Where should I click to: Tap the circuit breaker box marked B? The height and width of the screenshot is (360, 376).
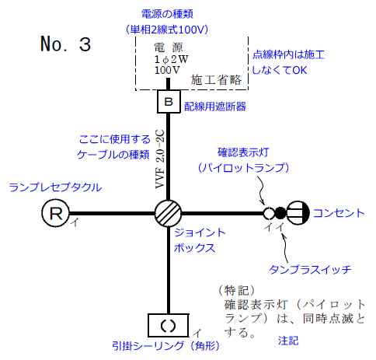(169, 101)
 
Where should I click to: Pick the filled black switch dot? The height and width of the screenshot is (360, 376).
(280, 213)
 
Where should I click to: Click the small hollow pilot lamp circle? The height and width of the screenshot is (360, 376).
(268, 213)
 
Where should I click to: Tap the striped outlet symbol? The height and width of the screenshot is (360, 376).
(298, 213)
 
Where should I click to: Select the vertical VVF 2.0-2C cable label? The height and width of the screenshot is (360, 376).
(159, 160)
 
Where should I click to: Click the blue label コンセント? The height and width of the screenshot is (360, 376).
(339, 212)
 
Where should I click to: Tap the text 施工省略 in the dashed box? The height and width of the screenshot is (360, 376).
(216, 80)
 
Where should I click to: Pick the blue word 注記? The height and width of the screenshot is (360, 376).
(287, 341)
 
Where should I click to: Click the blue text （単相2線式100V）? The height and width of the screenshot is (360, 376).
(169, 29)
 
